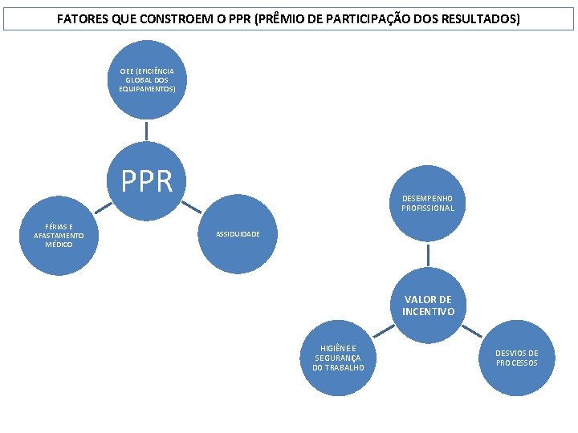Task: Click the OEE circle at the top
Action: pos(147,80)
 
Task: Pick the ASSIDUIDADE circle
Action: pos(237,234)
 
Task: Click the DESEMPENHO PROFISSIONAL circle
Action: pos(428,203)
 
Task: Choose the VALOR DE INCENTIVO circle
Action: pos(428,306)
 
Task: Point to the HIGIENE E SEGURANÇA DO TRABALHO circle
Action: pos(338,358)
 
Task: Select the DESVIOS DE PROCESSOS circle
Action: pos(516,358)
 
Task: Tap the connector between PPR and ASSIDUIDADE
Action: pos(191,206)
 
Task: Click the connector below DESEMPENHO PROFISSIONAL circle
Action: pos(428,255)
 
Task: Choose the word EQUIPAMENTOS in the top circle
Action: pos(147,88)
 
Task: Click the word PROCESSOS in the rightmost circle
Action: pos(516,363)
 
